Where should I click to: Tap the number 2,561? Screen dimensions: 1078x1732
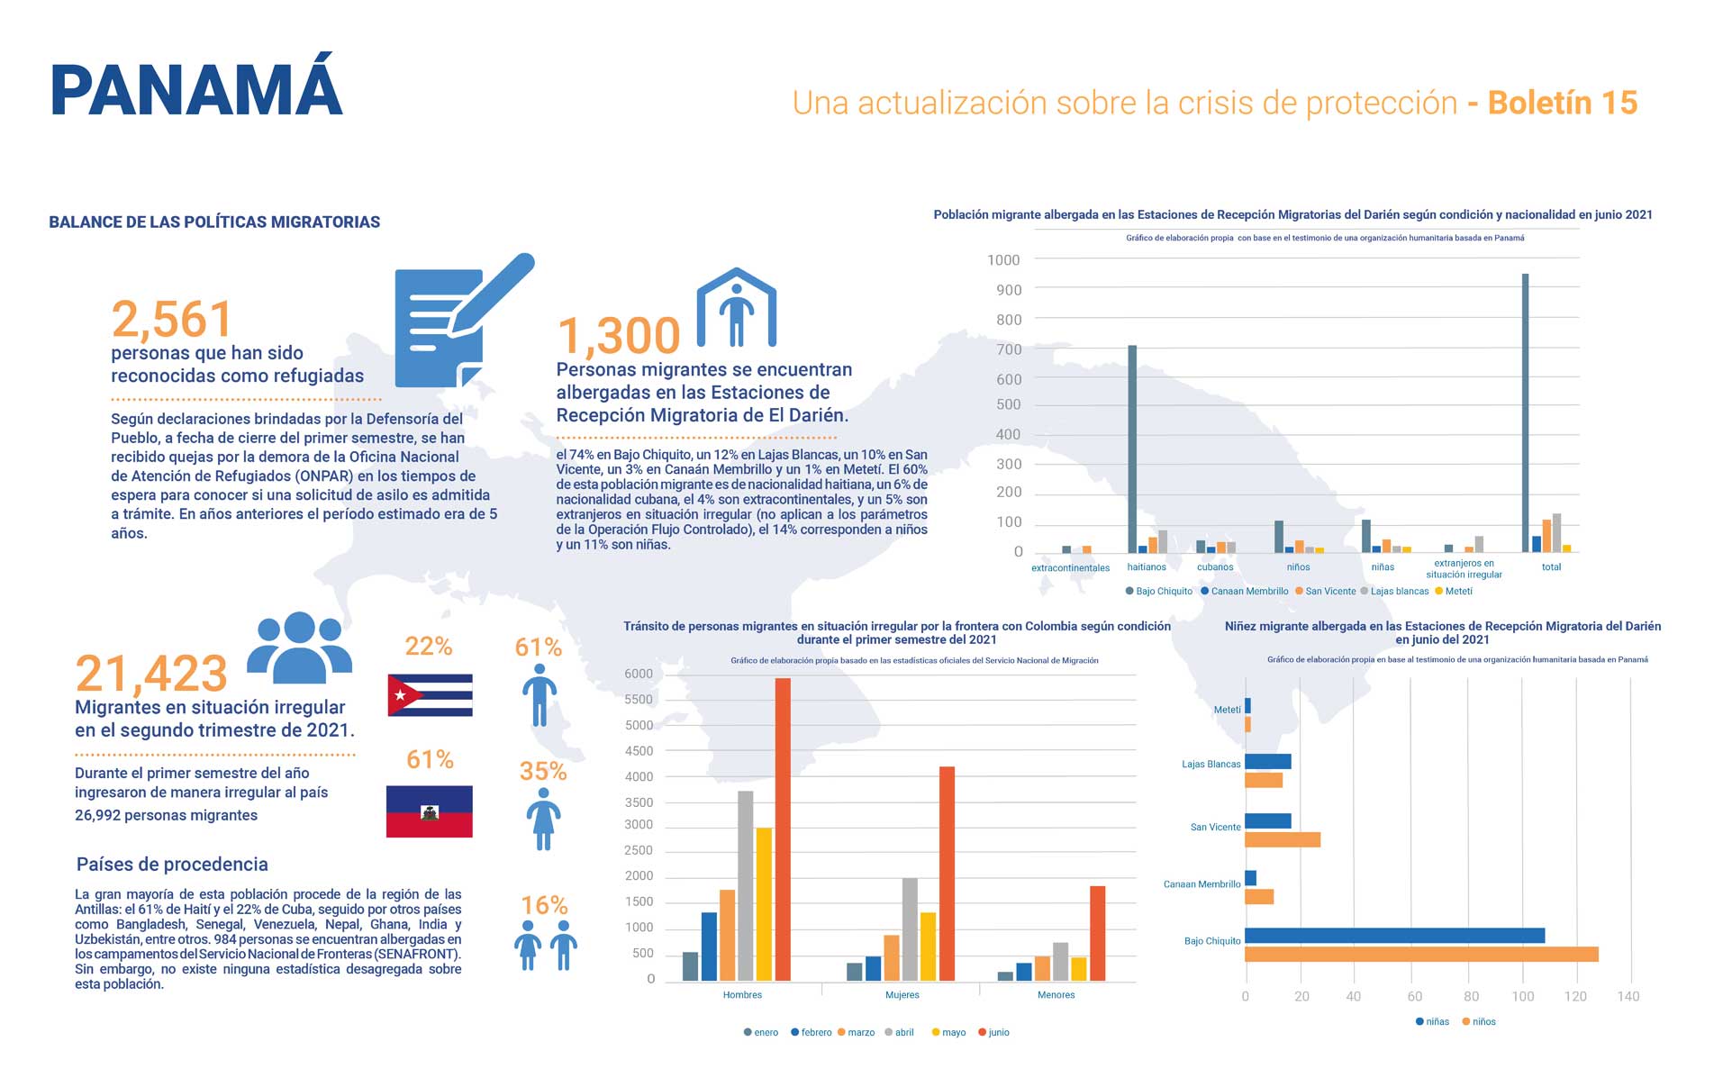(172, 319)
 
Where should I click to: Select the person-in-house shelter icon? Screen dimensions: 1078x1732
(736, 308)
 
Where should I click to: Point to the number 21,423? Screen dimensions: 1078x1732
(151, 673)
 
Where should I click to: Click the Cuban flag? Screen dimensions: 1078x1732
(430, 694)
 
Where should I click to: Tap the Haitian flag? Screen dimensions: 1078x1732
(430, 811)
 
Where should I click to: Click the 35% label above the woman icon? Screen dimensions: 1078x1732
(543, 772)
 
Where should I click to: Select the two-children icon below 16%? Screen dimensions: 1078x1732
(545, 945)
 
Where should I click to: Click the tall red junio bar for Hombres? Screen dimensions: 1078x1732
(783, 829)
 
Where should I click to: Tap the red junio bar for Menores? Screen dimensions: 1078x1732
(1097, 933)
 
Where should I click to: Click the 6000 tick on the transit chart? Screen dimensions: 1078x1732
(639, 674)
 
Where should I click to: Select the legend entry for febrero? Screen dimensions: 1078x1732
(812, 1032)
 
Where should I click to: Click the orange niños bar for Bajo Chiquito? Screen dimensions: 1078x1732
(1421, 954)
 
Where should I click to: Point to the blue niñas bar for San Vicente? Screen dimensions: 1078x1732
(1268, 820)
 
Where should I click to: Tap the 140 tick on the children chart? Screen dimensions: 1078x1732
(1628, 996)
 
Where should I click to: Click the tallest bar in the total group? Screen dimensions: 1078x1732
(1525, 412)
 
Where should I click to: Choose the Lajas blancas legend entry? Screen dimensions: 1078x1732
(1395, 591)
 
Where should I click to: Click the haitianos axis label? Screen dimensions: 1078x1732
(1147, 567)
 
